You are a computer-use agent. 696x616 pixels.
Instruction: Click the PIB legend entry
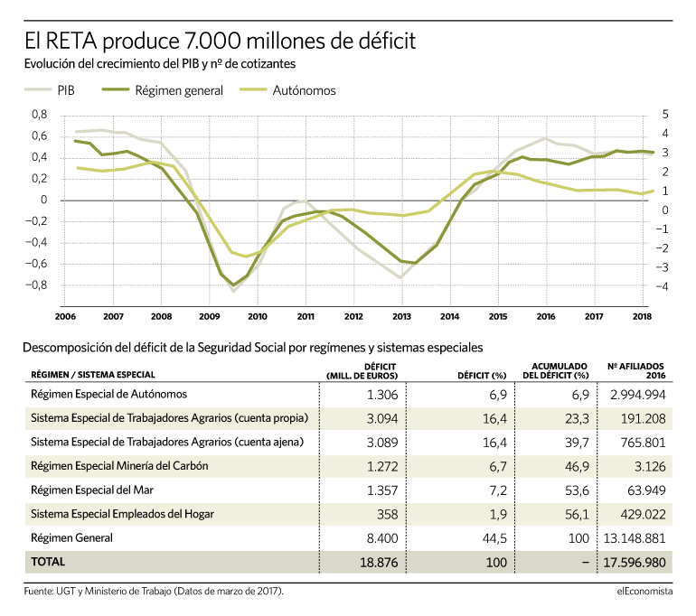(50, 90)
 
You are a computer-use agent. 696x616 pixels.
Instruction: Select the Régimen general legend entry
(163, 90)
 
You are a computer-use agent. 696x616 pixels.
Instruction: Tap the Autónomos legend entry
(287, 90)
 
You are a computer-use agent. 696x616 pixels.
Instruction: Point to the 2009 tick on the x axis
(210, 317)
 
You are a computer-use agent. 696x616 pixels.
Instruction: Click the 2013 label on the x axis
(401, 317)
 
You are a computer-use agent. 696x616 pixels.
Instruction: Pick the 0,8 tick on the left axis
(39, 115)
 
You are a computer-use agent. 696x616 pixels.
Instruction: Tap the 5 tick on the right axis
(665, 115)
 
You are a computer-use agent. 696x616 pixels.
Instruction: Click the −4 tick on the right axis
(663, 286)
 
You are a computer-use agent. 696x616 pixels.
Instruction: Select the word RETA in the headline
(71, 41)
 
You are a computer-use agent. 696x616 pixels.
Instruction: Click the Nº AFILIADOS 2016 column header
(636, 370)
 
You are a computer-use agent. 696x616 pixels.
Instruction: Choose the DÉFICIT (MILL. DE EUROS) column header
(362, 371)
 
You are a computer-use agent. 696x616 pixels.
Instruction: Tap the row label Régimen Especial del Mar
(92, 490)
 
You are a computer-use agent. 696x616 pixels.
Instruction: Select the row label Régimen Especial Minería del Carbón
(119, 466)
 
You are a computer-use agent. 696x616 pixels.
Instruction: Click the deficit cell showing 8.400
(382, 538)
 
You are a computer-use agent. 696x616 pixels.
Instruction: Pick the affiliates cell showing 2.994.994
(638, 395)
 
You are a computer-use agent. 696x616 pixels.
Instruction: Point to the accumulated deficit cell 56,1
(577, 515)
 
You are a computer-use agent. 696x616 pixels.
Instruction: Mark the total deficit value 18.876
(379, 563)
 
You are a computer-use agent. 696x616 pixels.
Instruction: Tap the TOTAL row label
(48, 562)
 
